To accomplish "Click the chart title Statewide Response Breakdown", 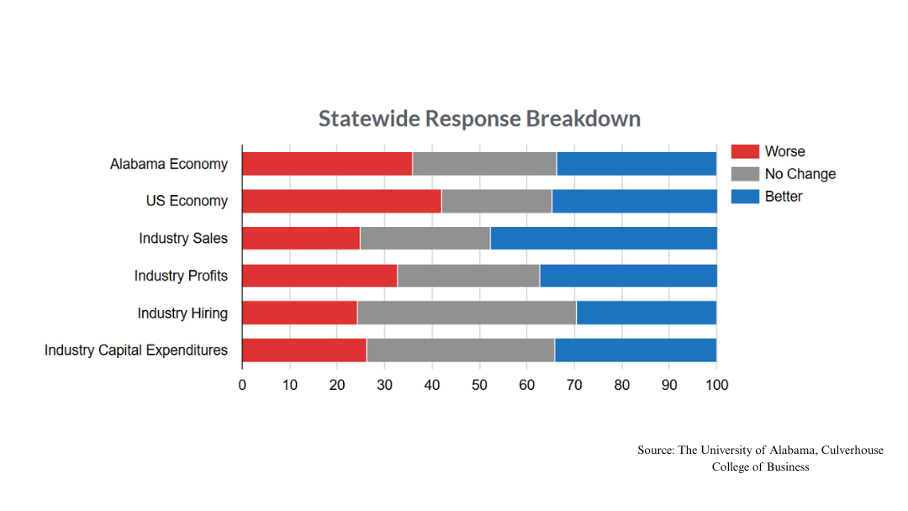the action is [479, 119].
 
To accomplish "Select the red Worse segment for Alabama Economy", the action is [327, 163].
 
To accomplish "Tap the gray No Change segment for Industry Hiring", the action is [467, 313].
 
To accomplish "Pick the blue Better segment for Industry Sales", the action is [603, 238].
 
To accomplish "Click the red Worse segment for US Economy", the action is [341, 201].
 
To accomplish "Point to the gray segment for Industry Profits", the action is [468, 276].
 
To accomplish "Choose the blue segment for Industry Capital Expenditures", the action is [635, 350].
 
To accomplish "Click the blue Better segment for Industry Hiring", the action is [646, 313].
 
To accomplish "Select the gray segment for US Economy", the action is [496, 201].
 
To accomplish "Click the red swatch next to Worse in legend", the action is [745, 151].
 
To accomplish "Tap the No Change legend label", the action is [800, 174].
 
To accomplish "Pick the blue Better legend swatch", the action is [745, 197].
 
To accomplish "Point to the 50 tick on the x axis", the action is [479, 385].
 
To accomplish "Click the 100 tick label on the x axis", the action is [716, 385].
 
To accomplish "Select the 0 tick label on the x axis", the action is [242, 385].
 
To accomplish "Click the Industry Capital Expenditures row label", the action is [136, 350].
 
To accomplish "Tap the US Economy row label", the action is [186, 201].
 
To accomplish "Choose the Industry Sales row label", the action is [183, 238].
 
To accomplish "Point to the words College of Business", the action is [760, 467].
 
